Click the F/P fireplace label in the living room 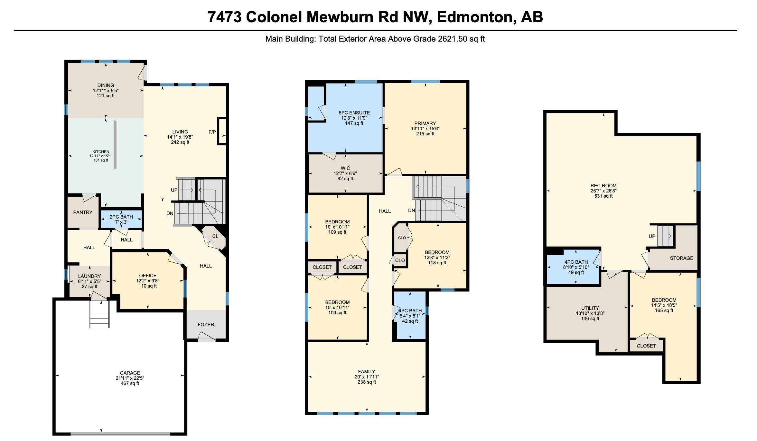[212, 132]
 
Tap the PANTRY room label [83, 212]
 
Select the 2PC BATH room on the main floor [121, 219]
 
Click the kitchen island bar [115, 145]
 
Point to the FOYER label [206, 325]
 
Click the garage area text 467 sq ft [130, 383]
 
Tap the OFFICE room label [148, 276]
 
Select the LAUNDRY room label [89, 276]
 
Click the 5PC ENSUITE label [354, 113]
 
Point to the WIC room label [345, 168]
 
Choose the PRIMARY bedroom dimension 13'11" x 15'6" [425, 129]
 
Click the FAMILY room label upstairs [367, 372]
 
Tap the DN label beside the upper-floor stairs [411, 211]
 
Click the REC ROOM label [603, 186]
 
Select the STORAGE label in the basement [681, 258]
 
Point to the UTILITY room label [590, 308]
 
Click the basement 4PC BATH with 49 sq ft [576, 267]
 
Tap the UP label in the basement [652, 236]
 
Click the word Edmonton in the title [474, 17]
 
